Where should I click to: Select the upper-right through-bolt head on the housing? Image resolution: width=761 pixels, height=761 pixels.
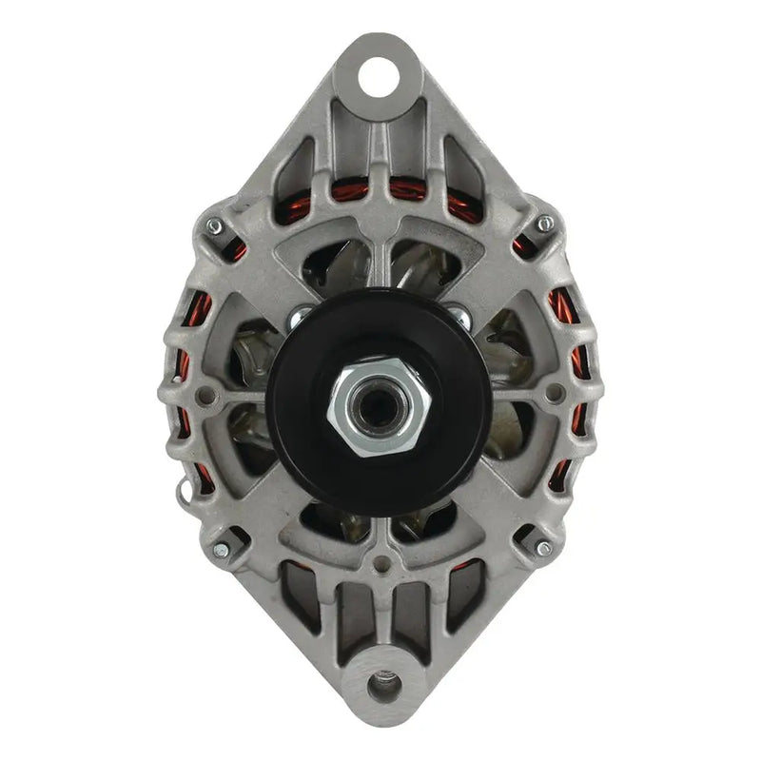(544, 224)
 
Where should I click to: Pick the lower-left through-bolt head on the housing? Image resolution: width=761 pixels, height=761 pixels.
(221, 549)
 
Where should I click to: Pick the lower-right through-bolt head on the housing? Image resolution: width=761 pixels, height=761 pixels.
(543, 548)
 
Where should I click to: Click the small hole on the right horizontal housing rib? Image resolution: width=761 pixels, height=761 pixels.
(557, 390)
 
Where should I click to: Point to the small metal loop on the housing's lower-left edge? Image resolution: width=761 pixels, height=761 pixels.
(184, 490)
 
